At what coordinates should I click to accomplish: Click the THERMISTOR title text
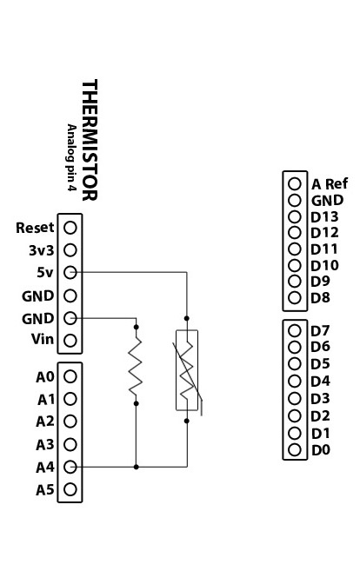click(x=90, y=140)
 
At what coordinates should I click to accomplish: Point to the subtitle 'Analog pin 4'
click(x=71, y=157)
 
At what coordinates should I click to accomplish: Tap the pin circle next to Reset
click(x=70, y=228)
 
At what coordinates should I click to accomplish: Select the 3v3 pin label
click(x=41, y=250)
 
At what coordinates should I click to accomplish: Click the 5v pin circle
click(x=70, y=272)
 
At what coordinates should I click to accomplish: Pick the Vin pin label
click(x=43, y=340)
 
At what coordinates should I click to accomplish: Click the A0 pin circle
click(x=70, y=376)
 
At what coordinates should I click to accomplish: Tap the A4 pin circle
click(x=70, y=467)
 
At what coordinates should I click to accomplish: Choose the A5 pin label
click(x=45, y=490)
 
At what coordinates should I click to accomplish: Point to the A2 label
click(x=45, y=422)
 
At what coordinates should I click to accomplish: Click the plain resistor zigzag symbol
click(x=136, y=365)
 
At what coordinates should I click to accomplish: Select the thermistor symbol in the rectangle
click(x=187, y=370)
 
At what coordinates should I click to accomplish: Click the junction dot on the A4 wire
click(x=136, y=467)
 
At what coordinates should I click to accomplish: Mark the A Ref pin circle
click(x=295, y=184)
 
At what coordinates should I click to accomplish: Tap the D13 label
click(x=324, y=216)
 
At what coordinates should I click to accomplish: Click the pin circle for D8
click(x=295, y=298)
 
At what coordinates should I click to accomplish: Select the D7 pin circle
click(x=295, y=330)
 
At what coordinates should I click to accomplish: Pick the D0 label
click(x=321, y=450)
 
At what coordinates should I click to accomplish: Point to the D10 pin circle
click(x=295, y=265)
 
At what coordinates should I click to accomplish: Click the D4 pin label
click(x=320, y=381)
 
